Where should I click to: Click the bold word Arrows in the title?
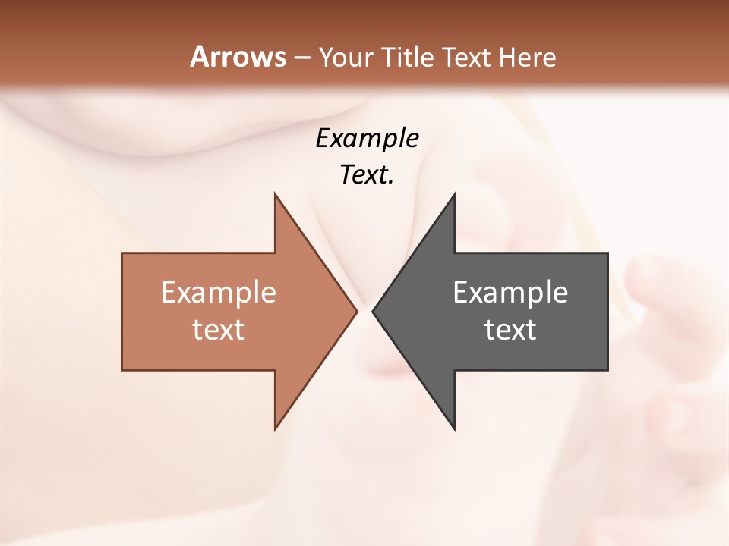[x=238, y=57]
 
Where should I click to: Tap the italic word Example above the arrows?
[x=368, y=138]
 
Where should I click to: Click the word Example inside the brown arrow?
[x=219, y=292]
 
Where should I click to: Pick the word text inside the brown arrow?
[x=219, y=330]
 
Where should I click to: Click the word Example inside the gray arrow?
[x=510, y=292]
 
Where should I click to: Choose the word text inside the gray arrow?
[x=510, y=330]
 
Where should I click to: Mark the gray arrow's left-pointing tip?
[x=374, y=311]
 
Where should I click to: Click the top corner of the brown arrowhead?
[x=276, y=196]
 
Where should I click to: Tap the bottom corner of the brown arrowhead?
[x=276, y=427]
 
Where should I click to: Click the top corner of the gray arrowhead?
[x=453, y=196]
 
